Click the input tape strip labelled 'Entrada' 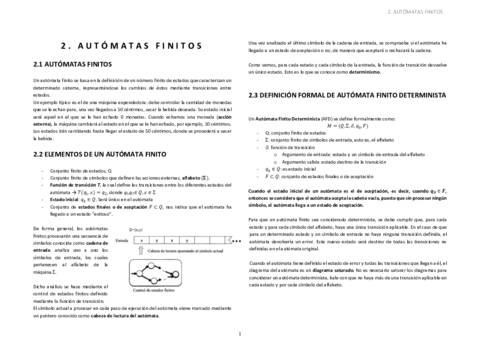tap(176, 241)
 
